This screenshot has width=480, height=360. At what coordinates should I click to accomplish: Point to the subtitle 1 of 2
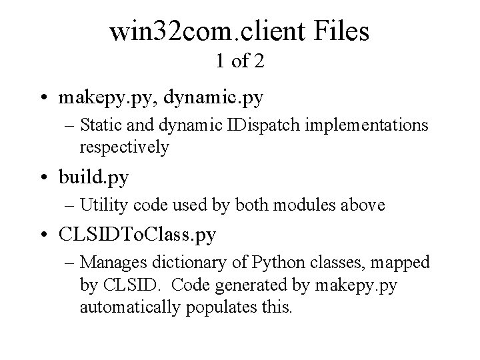(240, 62)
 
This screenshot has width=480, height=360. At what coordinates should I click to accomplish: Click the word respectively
(124, 147)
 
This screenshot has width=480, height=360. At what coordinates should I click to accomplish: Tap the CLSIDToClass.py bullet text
(137, 237)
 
